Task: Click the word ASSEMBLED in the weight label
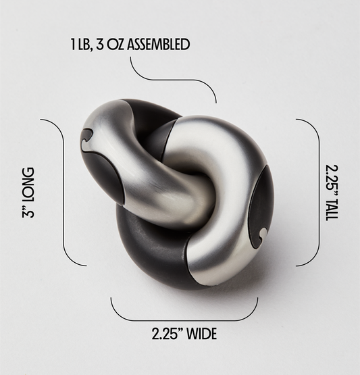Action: coord(158,45)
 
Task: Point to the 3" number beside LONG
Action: coord(28,211)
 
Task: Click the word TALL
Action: coord(332,208)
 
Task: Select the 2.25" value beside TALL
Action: coord(332,178)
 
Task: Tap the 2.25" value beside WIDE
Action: coord(168,334)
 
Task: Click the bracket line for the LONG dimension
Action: coord(63,193)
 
